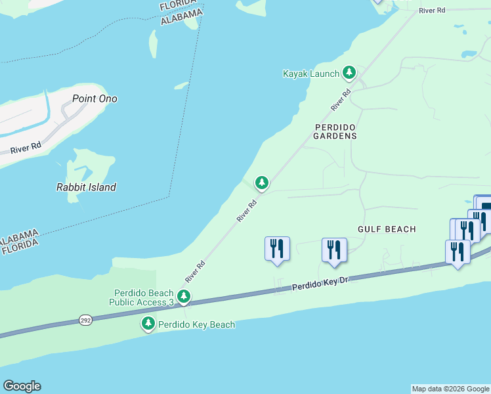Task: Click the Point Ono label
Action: tap(95, 99)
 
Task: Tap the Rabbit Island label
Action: tap(86, 187)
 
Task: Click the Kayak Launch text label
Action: tap(310, 74)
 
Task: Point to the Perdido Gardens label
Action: tap(335, 131)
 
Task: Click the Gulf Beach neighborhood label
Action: tap(387, 229)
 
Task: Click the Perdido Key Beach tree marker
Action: tap(148, 323)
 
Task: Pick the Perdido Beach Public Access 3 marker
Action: tap(184, 297)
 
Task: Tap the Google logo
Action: tap(22, 386)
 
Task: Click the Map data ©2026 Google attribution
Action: tap(450, 389)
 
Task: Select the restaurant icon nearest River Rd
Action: tap(276, 249)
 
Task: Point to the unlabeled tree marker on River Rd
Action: tap(262, 182)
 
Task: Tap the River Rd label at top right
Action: tap(432, 11)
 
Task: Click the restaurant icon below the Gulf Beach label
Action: tap(334, 250)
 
